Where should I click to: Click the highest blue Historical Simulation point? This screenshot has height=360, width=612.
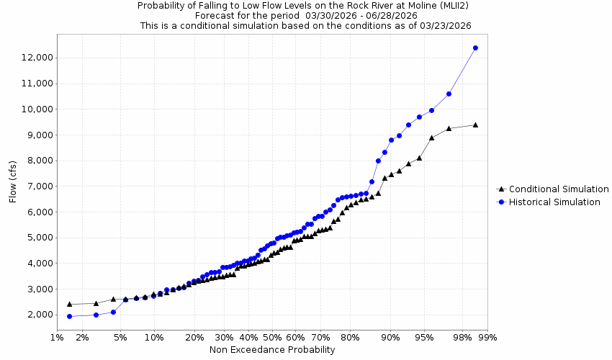click(x=475, y=48)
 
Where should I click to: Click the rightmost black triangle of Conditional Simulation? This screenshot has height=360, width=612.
click(x=475, y=125)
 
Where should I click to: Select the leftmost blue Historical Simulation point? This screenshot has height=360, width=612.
click(x=69, y=316)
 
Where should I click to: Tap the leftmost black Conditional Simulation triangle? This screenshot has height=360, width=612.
click(x=69, y=304)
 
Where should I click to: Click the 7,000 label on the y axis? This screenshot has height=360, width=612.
click(x=37, y=186)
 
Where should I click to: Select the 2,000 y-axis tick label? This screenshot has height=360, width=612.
click(x=37, y=315)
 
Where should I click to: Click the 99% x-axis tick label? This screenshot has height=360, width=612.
click(x=487, y=336)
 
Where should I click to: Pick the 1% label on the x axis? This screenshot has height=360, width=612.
click(x=56, y=336)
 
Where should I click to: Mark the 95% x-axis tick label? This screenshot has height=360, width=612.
click(x=424, y=336)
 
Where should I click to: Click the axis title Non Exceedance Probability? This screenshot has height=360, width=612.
click(x=272, y=350)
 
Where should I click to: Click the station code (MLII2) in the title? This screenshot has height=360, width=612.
click(x=397, y=6)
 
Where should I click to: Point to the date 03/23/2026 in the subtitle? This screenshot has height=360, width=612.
click(x=446, y=25)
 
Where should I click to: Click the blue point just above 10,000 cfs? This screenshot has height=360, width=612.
click(x=449, y=94)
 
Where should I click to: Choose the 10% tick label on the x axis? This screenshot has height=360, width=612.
click(x=154, y=336)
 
